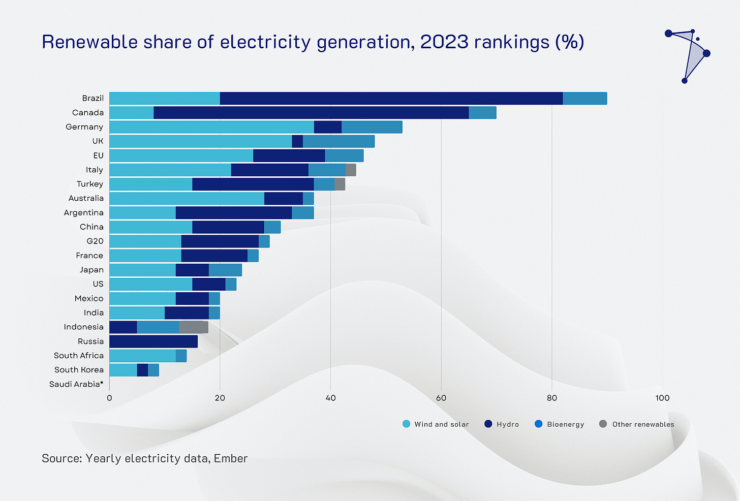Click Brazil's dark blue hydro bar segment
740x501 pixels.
[391, 99]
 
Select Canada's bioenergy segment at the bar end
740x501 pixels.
[482, 113]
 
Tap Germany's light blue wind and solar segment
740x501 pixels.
[211, 127]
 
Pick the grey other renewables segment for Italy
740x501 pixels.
[351, 170]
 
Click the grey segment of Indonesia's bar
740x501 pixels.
[193, 327]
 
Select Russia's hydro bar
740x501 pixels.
[153, 341]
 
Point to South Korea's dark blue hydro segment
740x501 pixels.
[142, 370]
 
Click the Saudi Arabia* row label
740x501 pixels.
[76, 384]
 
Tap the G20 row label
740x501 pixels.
[95, 241]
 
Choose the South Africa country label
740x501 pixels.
[79, 356]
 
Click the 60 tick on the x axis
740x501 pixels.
[441, 398]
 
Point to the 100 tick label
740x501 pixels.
[662, 398]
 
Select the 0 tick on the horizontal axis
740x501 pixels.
[109, 398]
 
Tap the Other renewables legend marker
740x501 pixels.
[603, 424]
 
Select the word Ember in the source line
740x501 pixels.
[231, 458]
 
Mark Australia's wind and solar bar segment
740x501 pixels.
[187, 199]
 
